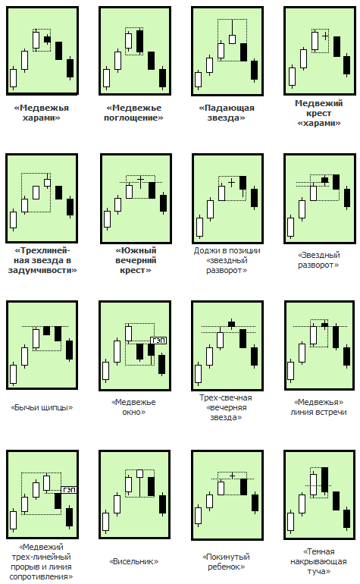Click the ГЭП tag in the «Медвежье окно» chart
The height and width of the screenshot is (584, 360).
click(158, 341)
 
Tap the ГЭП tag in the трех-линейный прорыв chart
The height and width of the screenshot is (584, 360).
click(69, 490)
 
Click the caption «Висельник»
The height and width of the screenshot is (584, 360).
click(133, 561)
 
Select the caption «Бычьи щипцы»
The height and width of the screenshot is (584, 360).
click(42, 407)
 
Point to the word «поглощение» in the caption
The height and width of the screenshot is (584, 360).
click(133, 118)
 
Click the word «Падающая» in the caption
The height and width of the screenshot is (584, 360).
click(227, 108)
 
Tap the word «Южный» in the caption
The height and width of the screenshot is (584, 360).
click(136, 250)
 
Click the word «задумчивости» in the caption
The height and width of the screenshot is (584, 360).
click(42, 270)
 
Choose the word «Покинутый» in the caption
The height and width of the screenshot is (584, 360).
click(226, 557)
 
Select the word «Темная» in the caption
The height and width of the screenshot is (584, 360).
click(318, 551)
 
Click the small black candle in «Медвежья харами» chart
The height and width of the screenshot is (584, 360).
click(47, 39)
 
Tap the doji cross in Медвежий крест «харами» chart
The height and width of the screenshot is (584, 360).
click(325, 36)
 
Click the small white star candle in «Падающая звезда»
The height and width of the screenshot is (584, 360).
click(233, 39)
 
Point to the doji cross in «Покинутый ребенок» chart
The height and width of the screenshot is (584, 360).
click(233, 476)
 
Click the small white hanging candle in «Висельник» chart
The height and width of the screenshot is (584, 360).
click(140, 473)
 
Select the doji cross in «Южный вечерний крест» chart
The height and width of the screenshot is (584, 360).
click(140, 181)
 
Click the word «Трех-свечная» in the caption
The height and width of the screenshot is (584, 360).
click(226, 397)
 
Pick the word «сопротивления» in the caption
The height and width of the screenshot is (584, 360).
click(42, 577)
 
